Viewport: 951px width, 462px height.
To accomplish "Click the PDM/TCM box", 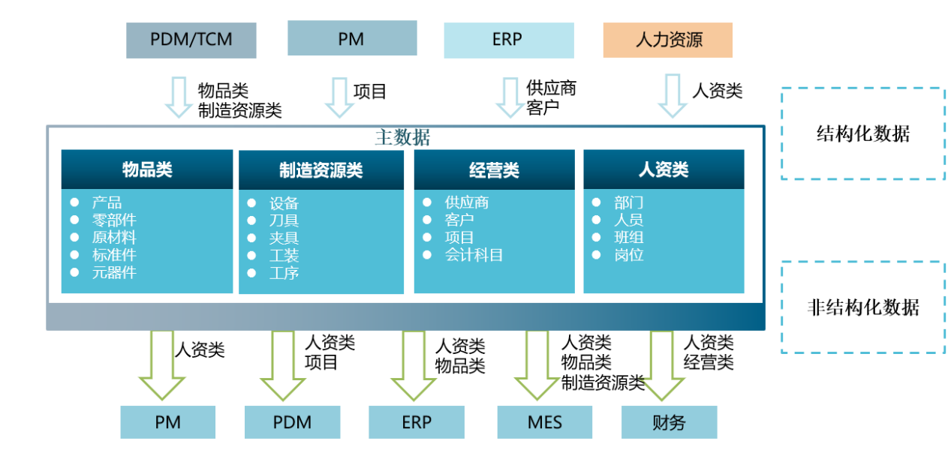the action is coord(191,40).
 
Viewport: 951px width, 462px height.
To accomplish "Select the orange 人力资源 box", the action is coord(668,40).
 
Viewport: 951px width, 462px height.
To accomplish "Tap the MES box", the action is coord(545,422).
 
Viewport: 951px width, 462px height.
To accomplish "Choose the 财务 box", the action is coord(669,422).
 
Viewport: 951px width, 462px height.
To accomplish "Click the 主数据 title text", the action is coord(402,137).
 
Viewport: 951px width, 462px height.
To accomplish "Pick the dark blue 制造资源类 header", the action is coord(321,169).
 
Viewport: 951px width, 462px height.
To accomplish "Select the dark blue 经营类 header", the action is coord(494,169).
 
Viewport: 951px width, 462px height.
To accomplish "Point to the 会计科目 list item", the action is coord(474,255).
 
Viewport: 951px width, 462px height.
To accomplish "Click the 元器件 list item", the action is coord(114,272).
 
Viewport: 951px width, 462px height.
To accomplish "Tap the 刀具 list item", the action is coord(284,220).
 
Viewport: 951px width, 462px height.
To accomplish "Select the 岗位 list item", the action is coord(629,255).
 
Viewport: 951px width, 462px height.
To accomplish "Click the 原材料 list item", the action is coord(114,237).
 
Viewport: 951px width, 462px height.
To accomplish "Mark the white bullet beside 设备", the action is coord(251,203).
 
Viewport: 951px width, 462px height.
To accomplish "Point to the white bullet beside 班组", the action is coord(596,237).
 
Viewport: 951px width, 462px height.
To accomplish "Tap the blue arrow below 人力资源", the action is coord(673,96).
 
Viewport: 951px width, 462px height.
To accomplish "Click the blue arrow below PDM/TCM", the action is coord(179,97).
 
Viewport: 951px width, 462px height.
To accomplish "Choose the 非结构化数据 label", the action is coord(863,307).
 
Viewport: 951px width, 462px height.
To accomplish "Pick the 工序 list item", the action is coord(284,273).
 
